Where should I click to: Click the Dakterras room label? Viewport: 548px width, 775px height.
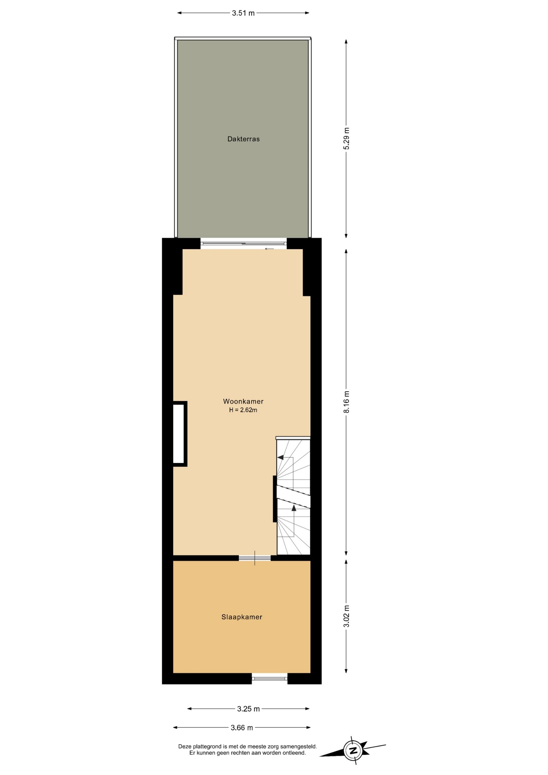[x=243, y=139]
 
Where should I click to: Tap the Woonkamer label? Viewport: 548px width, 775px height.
[x=243, y=401]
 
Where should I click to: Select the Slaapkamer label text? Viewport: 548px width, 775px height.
[x=242, y=617]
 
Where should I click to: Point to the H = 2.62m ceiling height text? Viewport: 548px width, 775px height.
[x=243, y=410]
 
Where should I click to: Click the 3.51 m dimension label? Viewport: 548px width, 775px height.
[x=243, y=13]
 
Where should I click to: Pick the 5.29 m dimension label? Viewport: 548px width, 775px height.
[x=346, y=138]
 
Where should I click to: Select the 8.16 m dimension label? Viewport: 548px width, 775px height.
[x=346, y=402]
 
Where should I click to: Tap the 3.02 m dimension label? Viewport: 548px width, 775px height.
[x=346, y=616]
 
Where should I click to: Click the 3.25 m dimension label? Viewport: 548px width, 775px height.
[x=249, y=709]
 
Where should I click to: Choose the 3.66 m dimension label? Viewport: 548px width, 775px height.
[x=242, y=728]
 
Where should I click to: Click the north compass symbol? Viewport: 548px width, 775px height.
[x=353, y=751]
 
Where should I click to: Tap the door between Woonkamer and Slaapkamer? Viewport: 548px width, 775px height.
[x=255, y=558]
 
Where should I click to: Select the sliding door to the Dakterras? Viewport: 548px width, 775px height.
[x=244, y=243]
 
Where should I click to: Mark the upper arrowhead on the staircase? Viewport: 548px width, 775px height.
[x=280, y=457]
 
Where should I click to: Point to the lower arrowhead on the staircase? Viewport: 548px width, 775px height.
[x=294, y=508]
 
